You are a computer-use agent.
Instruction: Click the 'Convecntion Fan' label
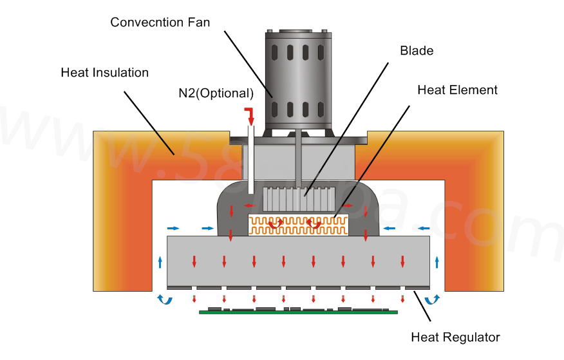point(160,22)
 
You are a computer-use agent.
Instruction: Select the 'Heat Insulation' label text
point(104,72)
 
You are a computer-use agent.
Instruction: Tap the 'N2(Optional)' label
point(216,93)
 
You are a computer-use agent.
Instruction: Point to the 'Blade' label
point(417,51)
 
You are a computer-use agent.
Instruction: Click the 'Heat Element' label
point(457,90)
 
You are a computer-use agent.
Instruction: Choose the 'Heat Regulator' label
point(455,337)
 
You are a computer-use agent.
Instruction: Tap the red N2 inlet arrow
point(249,117)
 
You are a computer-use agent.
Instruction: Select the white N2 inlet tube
point(250,161)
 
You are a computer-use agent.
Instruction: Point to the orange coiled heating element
point(298,225)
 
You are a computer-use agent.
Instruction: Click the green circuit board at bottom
point(298,312)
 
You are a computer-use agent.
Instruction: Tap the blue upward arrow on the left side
point(160,261)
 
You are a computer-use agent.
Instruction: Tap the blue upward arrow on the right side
point(437,261)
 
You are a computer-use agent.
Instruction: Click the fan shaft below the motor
point(299,161)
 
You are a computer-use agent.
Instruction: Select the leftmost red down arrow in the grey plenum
point(194,261)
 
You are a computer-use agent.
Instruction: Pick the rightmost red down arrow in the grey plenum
point(402,261)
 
